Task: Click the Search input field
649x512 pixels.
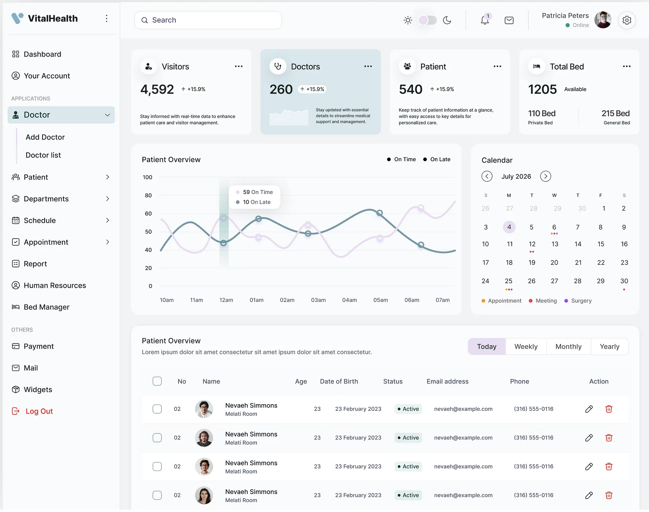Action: tap(208, 20)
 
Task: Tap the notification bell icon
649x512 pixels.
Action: tap(485, 21)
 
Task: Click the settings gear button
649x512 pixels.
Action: tap(627, 20)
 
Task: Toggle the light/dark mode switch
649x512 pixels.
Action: tap(427, 20)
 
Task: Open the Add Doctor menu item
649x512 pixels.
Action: tap(45, 137)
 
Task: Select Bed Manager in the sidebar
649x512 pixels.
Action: tap(46, 307)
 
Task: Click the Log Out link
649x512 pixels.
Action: tap(39, 411)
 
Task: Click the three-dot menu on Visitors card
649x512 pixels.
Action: tap(239, 66)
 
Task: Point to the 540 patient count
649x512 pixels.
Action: tap(410, 89)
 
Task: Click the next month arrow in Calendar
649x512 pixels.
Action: tap(546, 176)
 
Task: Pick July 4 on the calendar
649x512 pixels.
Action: tap(509, 227)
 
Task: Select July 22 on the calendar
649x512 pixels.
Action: tap(601, 263)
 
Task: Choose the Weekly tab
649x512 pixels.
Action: tap(526, 347)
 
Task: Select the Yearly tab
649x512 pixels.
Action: tap(609, 347)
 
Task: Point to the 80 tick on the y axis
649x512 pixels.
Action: tap(148, 196)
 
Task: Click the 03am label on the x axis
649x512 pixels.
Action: tap(318, 300)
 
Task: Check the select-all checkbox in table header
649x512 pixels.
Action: tap(157, 381)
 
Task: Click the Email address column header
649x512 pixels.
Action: tap(447, 382)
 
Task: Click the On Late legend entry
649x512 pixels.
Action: tap(437, 159)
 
